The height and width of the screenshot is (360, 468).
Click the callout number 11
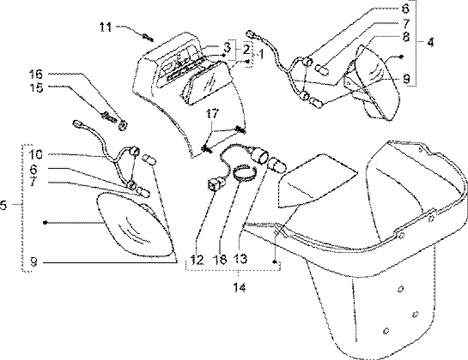(x=105, y=27)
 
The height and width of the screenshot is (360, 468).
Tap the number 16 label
(x=35, y=74)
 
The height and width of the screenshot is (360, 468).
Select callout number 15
(x=35, y=88)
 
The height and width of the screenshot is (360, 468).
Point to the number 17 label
(x=212, y=114)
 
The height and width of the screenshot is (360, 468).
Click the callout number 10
(x=35, y=155)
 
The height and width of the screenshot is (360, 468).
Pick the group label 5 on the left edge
(x=3, y=205)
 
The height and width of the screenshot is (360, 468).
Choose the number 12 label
(x=197, y=259)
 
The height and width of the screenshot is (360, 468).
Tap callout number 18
(x=220, y=259)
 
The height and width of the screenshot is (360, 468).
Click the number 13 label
(x=241, y=258)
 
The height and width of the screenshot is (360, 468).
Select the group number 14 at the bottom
(x=239, y=287)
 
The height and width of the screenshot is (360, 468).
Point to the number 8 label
(x=406, y=36)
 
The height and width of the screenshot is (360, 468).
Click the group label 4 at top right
(x=431, y=42)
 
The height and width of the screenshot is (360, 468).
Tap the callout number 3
(x=227, y=47)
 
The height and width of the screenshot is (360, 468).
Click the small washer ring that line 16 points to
(x=122, y=126)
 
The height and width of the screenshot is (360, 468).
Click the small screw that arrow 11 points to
(x=147, y=37)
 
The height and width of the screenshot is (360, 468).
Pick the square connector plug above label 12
(x=214, y=184)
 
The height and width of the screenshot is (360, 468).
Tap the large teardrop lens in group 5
(x=136, y=225)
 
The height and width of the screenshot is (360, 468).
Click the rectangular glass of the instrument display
(x=202, y=83)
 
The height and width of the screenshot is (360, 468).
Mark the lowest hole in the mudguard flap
(x=386, y=330)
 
